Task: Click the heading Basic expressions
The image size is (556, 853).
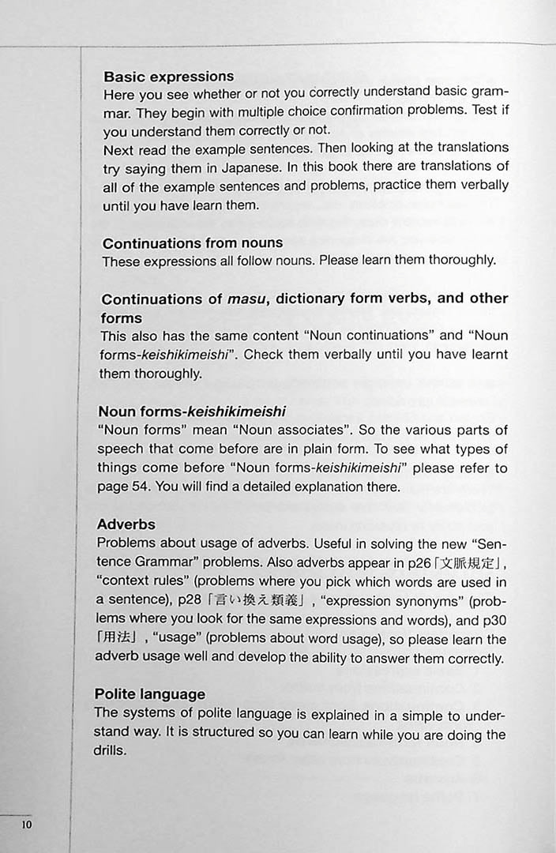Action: [169, 77]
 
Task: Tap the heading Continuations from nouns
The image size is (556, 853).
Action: [193, 243]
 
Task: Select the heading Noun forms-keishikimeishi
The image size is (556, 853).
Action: [192, 411]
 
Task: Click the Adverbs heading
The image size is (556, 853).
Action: [126, 524]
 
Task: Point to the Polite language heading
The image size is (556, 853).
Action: [150, 694]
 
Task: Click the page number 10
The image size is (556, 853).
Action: [27, 825]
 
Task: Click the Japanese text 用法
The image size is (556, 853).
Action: [115, 640]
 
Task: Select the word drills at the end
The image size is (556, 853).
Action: [110, 751]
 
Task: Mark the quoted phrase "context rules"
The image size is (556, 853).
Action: [142, 582]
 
